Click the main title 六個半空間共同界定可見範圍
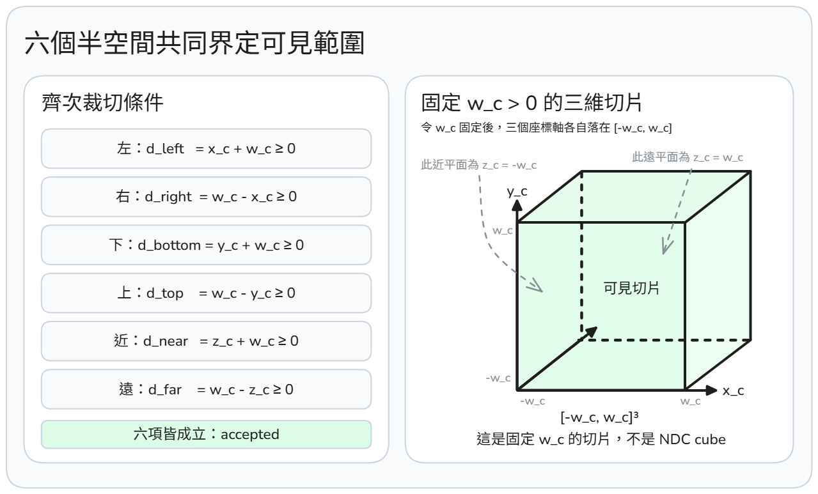click(194, 43)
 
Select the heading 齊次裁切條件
click(102, 102)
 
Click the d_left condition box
click(207, 148)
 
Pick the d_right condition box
click(207, 197)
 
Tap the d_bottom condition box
click(207, 245)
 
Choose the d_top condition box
click(207, 293)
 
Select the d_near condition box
click(207, 341)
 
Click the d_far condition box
click(207, 389)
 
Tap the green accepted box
click(207, 434)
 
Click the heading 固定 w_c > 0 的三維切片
click(531, 102)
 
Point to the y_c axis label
click(517, 192)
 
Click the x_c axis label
click(734, 390)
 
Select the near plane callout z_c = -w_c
click(479, 165)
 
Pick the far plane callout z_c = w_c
click(688, 157)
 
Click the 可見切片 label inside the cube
click(631, 288)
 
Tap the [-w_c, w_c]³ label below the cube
click(600, 417)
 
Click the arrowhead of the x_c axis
click(712, 390)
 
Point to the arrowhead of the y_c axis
click(517, 206)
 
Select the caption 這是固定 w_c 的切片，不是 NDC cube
click(601, 439)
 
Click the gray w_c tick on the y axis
click(503, 231)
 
